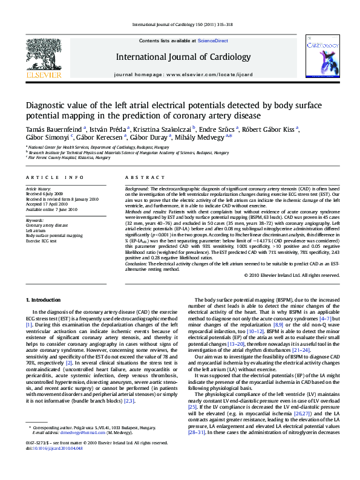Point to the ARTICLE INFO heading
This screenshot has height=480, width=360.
click(54, 177)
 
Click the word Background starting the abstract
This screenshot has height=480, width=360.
click(137, 189)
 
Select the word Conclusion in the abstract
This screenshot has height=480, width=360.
click(136, 264)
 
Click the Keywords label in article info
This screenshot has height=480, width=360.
click(35, 220)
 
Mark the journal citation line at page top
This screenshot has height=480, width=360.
click(180, 25)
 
